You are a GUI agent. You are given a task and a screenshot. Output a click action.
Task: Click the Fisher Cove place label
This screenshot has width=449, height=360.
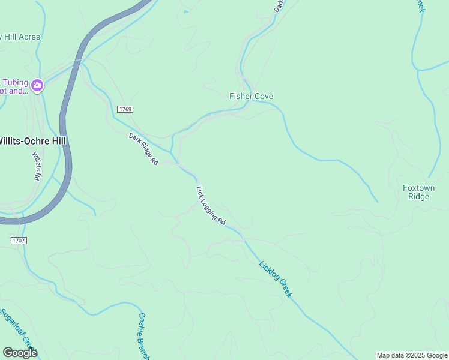pos(251,96)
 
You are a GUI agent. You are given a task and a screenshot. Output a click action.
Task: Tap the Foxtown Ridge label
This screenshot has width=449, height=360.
pos(418,192)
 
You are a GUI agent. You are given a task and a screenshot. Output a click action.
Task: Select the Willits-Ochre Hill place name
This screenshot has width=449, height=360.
pos(33,140)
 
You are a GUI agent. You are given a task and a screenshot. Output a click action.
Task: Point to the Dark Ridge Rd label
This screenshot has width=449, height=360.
pos(143,149)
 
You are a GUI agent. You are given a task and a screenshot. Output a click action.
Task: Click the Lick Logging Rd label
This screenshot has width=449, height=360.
pos(211,205)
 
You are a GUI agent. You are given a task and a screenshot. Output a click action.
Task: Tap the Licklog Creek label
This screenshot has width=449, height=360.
pos(275,279)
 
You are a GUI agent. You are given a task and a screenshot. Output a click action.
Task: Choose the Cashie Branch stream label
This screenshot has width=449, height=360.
pos(143,335)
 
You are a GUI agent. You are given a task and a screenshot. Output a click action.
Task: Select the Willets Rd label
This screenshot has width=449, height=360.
pos(35,166)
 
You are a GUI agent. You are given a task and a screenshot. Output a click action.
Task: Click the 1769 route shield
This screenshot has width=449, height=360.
pos(125,109)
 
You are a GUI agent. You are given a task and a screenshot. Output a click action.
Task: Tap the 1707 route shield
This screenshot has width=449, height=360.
pos(19,240)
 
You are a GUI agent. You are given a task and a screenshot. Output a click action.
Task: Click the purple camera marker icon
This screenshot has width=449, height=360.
pos(37,86)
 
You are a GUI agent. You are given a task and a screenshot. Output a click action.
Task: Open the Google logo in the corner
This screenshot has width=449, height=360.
pos(20,353)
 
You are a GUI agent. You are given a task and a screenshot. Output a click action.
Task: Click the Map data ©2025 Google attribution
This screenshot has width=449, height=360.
pos(412,355)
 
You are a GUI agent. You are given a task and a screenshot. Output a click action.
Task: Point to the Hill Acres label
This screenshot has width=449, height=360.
pos(21,37)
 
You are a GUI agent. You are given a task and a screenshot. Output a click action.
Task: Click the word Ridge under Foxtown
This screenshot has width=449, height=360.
pos(418,196)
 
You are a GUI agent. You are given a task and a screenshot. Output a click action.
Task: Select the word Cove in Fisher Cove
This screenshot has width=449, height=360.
pos(263,96)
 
